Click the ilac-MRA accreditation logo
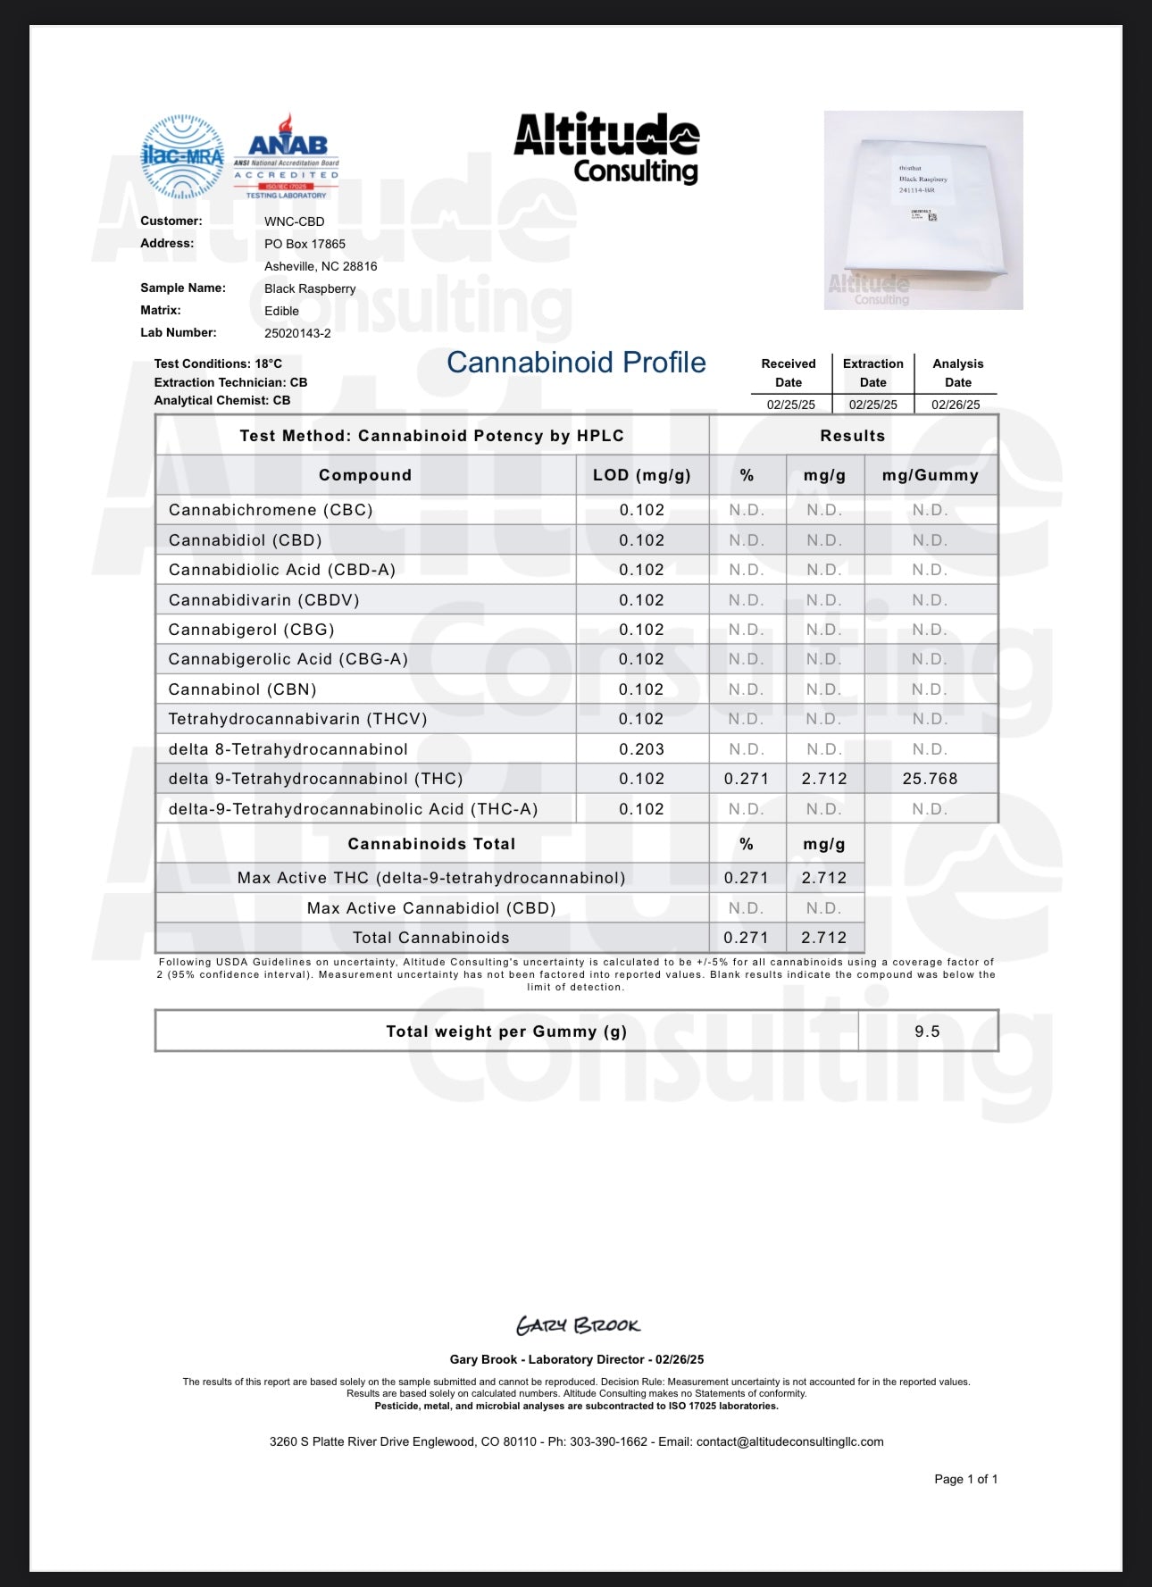coord(182,156)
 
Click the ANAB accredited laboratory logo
coord(287,156)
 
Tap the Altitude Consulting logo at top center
coord(607,147)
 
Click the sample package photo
coord(923,210)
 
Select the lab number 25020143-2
coord(297,333)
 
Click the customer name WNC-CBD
coord(294,221)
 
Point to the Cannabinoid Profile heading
coord(576,363)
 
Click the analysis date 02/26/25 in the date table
coord(956,405)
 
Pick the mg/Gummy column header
coord(931,475)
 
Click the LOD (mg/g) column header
coord(642,475)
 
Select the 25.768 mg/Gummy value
coord(930,779)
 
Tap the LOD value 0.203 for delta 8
coord(642,749)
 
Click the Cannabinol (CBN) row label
coord(243,689)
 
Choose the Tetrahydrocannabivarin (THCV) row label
coord(298,719)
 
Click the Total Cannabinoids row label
coord(431,938)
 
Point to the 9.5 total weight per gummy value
coord(927,1032)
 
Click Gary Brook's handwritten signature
coord(578,1326)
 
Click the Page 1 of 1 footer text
coord(965,1479)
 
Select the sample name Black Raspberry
coord(310,288)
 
